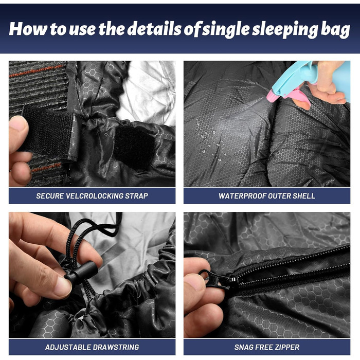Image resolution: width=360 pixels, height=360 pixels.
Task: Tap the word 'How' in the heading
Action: tap(28, 29)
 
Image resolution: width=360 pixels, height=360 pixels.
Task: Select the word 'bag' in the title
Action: tap(335, 30)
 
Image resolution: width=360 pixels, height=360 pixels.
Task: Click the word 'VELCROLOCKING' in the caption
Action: tap(94, 196)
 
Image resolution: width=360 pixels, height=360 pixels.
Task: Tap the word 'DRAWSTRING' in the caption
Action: tap(116, 347)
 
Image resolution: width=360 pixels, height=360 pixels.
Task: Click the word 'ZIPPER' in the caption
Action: tap(286, 347)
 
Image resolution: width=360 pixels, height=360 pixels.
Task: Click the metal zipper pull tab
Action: tap(217, 279)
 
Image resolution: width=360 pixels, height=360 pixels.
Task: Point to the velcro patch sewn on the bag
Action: tap(134, 147)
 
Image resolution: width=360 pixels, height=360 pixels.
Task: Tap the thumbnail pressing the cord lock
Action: tap(62, 287)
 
